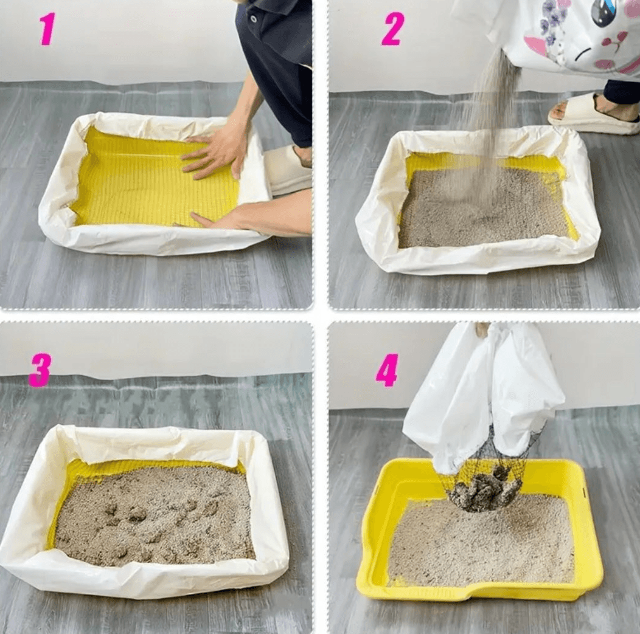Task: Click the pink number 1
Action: coord(47,29)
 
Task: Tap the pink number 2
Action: coord(392,29)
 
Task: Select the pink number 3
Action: coord(40,370)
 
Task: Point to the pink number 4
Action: coord(386,370)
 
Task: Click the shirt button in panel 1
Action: coord(254,19)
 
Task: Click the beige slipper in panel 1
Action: coord(287,170)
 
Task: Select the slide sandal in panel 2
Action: coord(592,115)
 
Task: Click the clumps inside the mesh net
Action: coord(485,489)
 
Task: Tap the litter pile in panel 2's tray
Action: coord(485,208)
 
